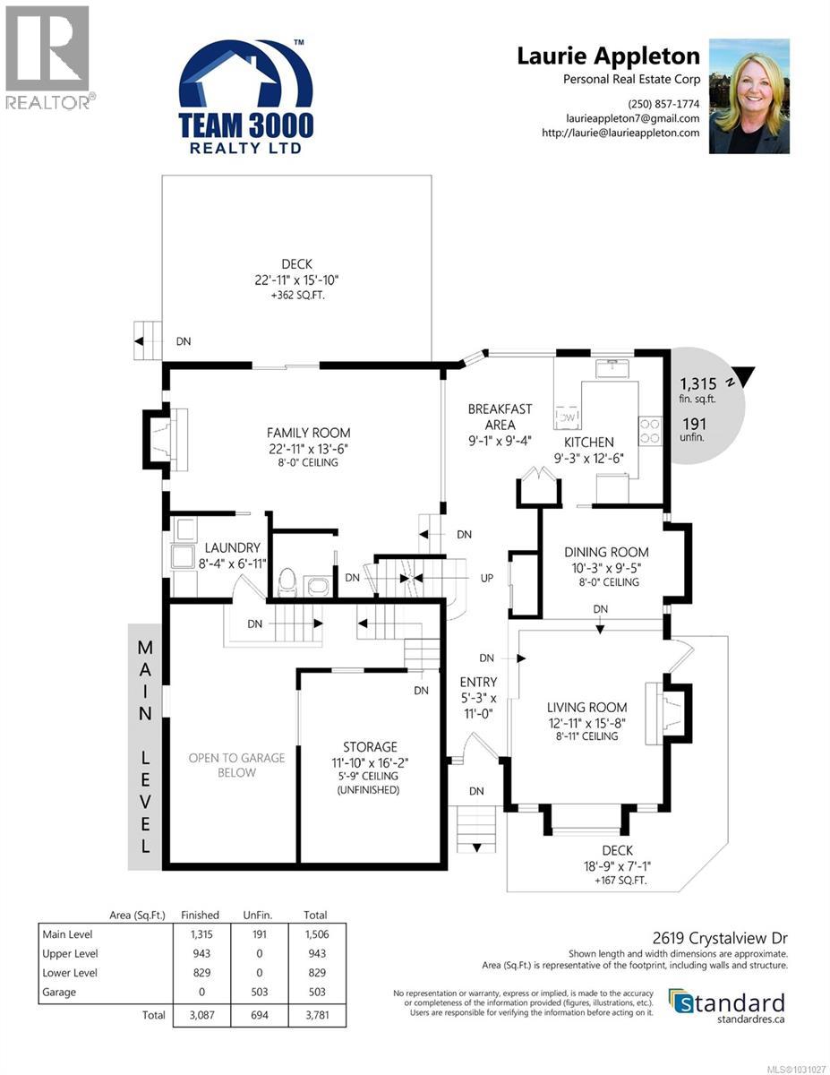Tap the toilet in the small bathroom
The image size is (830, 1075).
[x=287, y=583]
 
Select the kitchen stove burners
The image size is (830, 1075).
[x=649, y=430]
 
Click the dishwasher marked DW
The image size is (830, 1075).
[x=569, y=417]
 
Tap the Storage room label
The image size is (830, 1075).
[x=370, y=747]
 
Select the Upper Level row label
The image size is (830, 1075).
[x=71, y=953]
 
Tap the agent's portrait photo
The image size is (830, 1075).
[x=749, y=96]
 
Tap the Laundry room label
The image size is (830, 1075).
[x=232, y=547]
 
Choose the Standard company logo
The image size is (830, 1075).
[x=727, y=1003]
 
